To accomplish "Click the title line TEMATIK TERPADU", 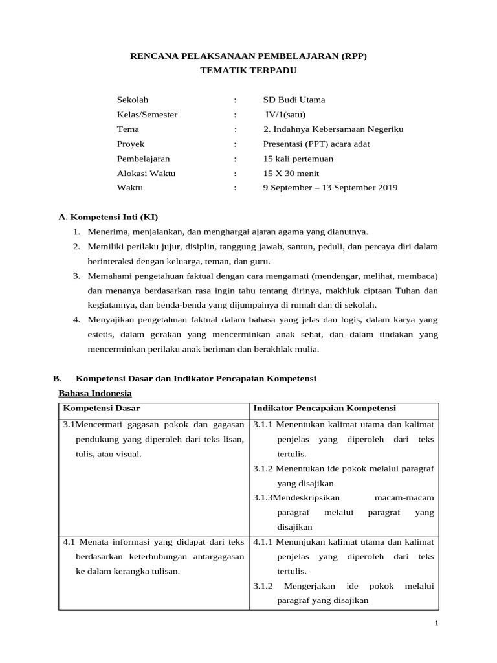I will click(x=248, y=71).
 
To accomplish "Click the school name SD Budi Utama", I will click(x=294, y=100).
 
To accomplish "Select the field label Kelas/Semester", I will click(x=147, y=115).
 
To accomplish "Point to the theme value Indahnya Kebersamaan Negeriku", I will click(x=338, y=129).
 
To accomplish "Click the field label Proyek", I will click(x=131, y=144).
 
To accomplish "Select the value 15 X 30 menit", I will click(x=291, y=174).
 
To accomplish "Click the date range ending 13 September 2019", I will click(x=330, y=188).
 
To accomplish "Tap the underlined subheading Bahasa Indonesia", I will click(x=95, y=393).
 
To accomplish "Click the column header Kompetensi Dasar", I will click(x=102, y=409).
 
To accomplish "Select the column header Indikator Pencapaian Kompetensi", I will click(x=324, y=409).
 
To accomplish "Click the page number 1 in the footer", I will click(x=437, y=624).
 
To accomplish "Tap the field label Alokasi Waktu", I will click(x=146, y=174).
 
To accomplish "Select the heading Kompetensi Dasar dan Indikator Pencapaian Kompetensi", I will click(x=196, y=378).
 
